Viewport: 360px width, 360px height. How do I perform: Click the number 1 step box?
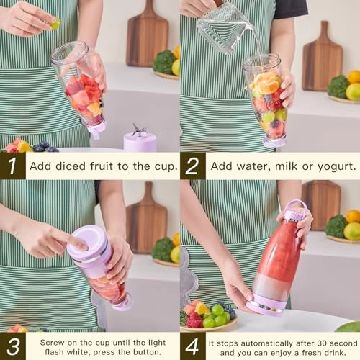click(12, 166)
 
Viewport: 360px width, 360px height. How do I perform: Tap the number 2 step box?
click(192, 166)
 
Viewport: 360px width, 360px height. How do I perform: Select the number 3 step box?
click(12, 346)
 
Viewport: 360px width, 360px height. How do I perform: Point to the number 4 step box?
click(192, 346)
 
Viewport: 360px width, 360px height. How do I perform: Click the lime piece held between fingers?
click(55, 24)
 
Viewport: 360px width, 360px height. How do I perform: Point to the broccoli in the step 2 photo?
click(338, 86)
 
